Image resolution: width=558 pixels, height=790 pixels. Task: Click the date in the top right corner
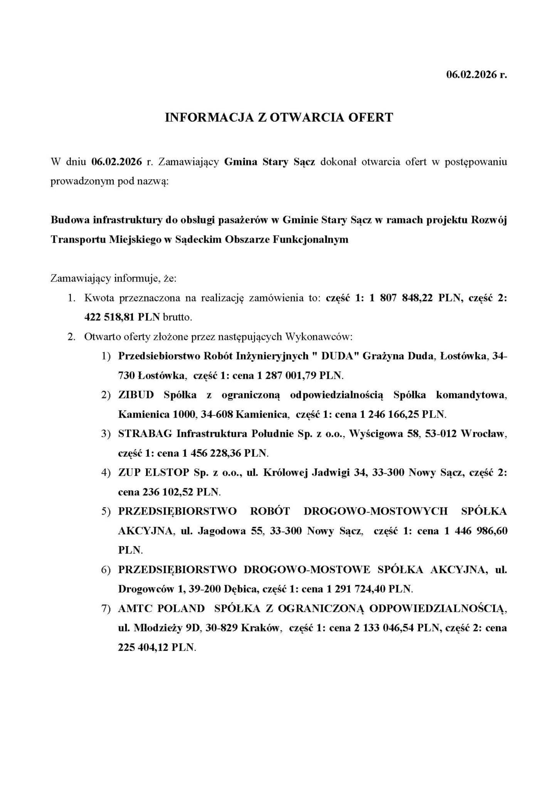[476, 74]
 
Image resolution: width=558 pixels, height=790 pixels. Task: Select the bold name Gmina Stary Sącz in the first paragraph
[270, 162]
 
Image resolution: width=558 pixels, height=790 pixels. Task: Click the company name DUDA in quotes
[337, 356]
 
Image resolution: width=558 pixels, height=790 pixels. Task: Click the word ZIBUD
[136, 395]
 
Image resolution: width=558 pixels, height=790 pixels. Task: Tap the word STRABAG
[145, 434]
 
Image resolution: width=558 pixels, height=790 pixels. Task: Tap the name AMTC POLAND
[161, 608]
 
